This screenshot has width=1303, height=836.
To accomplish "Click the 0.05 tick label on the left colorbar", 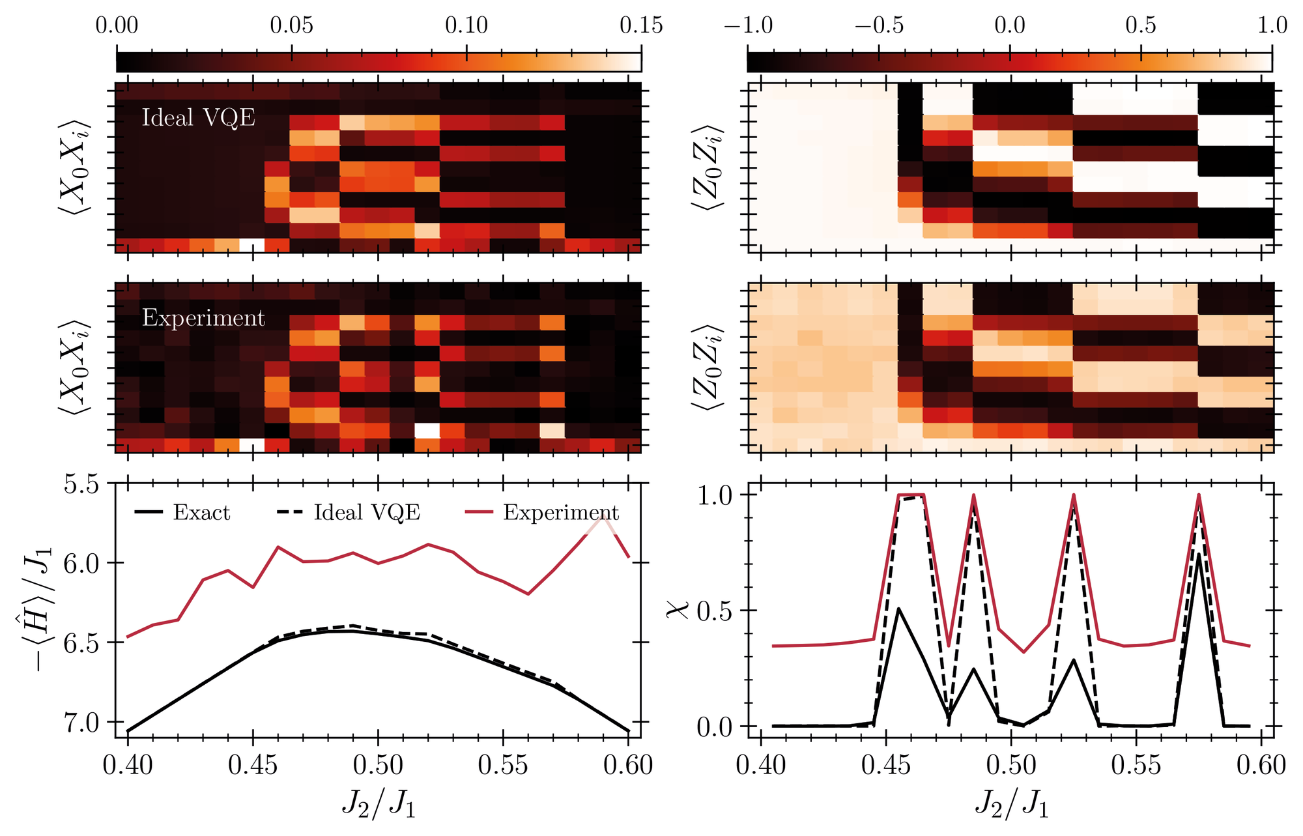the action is (x=292, y=25).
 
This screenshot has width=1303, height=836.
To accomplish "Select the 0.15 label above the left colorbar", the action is (x=641, y=25).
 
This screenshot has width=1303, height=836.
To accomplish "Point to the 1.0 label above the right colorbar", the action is (x=1272, y=25).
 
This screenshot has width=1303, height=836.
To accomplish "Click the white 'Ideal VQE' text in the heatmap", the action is (x=198, y=118).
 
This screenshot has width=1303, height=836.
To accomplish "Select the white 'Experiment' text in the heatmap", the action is (x=203, y=318).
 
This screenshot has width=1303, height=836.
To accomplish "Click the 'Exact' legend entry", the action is (x=182, y=513).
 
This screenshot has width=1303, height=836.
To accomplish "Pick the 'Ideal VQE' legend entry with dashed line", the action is (x=349, y=513).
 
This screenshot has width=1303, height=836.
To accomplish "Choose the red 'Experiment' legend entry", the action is (x=542, y=513).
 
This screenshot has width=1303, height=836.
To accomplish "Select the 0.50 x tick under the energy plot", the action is (x=378, y=765).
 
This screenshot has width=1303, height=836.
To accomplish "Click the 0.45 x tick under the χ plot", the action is (x=886, y=765).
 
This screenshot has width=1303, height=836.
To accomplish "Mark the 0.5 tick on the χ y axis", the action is (x=715, y=611).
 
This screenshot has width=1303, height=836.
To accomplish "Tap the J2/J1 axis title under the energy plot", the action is (x=378, y=805).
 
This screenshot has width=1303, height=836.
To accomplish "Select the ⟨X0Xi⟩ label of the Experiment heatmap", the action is (x=74, y=366).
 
